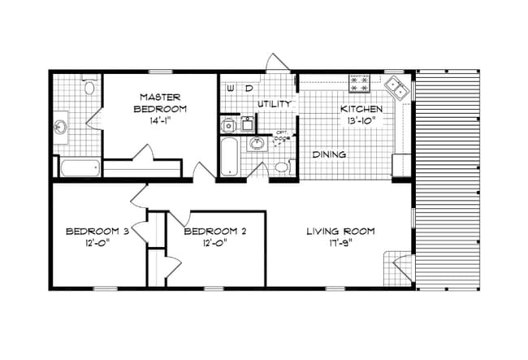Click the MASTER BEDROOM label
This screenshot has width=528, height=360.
(159, 102)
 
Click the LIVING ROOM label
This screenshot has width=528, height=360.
(340, 232)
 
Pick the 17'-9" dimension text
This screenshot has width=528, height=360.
(340, 243)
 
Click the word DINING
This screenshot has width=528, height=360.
(329, 154)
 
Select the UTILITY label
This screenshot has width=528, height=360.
(274, 105)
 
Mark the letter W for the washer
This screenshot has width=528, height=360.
(231, 87)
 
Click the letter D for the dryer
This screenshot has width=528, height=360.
(249, 87)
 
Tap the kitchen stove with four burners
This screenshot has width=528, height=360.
(359, 82)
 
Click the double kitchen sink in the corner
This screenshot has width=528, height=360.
(397, 85)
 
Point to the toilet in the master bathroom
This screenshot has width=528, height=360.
(89, 85)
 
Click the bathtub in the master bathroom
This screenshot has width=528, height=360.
(80, 168)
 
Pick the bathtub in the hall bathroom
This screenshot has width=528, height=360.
(229, 156)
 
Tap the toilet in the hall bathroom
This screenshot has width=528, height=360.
(281, 167)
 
